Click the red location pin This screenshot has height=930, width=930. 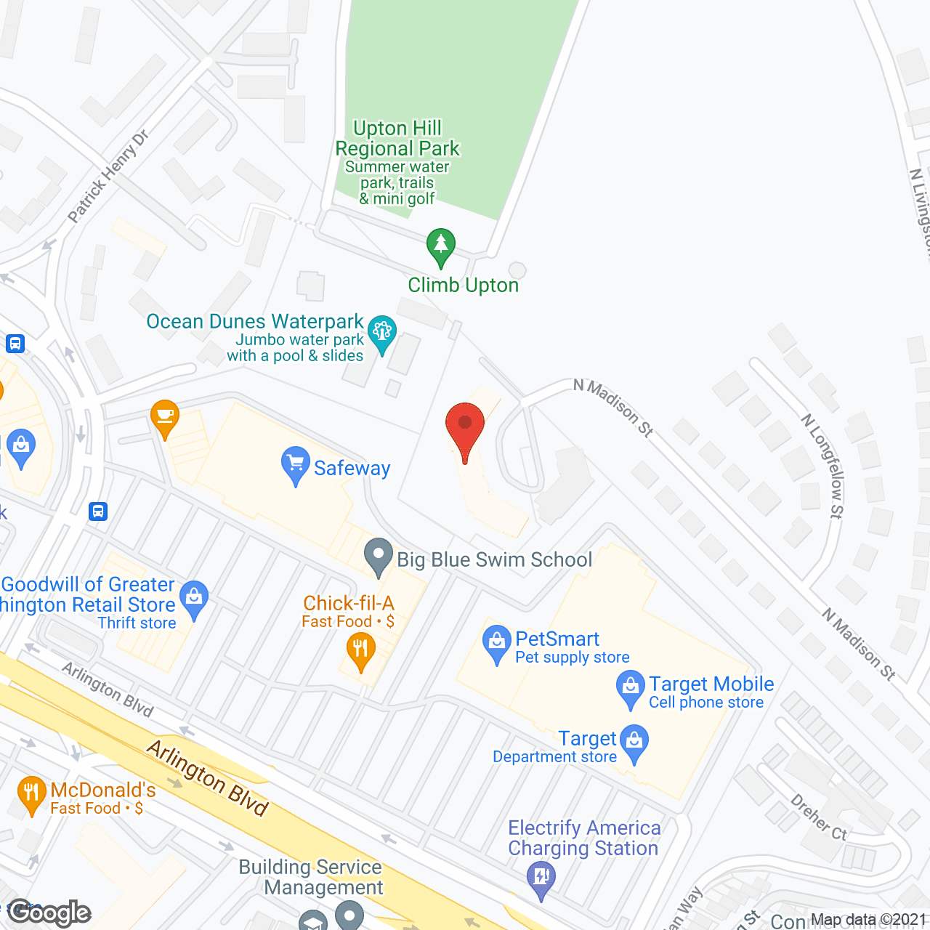pos(465,428)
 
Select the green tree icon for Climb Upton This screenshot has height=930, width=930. pos(440,246)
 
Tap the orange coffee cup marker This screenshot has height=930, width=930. pos(165,418)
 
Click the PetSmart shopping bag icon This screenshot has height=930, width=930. pos(497,643)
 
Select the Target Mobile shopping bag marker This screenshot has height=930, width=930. pos(630,689)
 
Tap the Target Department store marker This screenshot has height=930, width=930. pos(635,743)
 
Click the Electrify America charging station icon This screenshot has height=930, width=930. pos(541,878)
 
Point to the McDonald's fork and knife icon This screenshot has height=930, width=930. pos(31,793)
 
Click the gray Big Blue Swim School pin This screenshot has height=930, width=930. pos(378,556)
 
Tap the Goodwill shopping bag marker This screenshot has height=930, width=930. pos(194,599)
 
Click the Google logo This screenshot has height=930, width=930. pos(49,913)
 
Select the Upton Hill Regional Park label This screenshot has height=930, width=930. pos(397,138)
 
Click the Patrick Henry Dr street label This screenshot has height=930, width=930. pos(108,176)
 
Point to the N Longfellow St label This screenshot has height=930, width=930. pos(822,466)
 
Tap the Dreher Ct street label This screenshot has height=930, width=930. pos(819,817)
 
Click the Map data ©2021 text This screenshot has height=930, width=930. pos(869,920)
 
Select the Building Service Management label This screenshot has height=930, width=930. pos(311,877)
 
